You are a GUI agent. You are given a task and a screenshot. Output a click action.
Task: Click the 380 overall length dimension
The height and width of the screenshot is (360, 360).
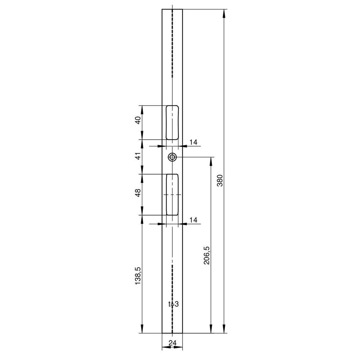(x=220, y=180)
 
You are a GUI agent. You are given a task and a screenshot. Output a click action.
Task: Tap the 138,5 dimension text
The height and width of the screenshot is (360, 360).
(x=138, y=276)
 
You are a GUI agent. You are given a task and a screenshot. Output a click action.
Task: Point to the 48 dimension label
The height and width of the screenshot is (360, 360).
(x=138, y=193)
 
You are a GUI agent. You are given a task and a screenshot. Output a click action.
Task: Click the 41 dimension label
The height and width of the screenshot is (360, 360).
(x=138, y=156)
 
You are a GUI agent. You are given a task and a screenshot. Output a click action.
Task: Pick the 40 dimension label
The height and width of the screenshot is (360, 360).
(x=138, y=120)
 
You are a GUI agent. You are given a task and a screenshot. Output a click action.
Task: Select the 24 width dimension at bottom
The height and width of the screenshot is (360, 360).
(x=172, y=343)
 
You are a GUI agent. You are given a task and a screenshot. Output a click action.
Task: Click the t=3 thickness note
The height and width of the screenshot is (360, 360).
(x=174, y=304)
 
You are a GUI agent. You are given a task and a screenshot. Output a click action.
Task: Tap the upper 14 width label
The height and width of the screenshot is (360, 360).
(x=193, y=142)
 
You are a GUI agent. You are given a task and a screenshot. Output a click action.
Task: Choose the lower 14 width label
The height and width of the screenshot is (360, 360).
(x=193, y=220)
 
